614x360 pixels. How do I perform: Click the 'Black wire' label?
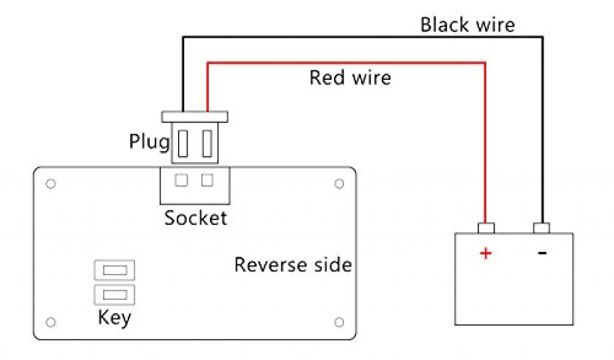tap(467, 25)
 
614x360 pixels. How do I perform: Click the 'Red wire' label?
tap(350, 77)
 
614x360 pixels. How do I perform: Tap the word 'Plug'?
tap(149, 142)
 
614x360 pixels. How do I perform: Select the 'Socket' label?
tap(196, 218)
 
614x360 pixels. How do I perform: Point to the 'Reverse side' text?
tap(293, 265)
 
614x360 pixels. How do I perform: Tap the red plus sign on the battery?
tap(486, 253)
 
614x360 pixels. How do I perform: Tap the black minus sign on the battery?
tap(542, 253)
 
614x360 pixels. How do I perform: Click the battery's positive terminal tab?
tap(486, 228)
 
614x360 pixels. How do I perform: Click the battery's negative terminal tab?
tap(542, 228)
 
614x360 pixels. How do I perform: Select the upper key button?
tap(115, 271)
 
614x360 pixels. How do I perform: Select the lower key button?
tap(115, 294)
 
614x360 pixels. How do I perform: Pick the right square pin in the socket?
tap(207, 179)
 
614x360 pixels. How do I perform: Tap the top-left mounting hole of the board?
tap(51, 183)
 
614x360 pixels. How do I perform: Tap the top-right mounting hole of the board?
tap(339, 183)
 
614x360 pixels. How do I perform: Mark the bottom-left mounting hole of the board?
tap(51, 322)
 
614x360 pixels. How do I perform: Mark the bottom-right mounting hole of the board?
tap(339, 322)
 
